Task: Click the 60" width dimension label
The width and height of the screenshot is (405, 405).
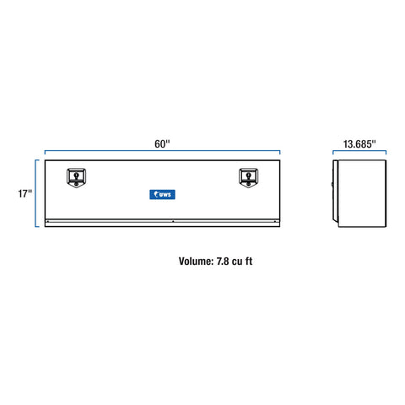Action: tap(162, 143)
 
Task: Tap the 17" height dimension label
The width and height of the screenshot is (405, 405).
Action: tap(25, 193)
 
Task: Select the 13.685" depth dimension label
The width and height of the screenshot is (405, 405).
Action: tap(359, 144)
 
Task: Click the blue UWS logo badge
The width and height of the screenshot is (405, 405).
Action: tap(162, 194)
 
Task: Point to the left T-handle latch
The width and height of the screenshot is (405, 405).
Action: tap(76, 177)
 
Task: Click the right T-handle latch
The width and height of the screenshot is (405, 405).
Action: tap(248, 177)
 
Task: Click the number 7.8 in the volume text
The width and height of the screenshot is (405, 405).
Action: tap(223, 262)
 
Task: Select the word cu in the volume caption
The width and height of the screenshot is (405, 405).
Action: tap(237, 262)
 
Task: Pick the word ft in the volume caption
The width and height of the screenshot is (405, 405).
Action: tap(249, 262)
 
